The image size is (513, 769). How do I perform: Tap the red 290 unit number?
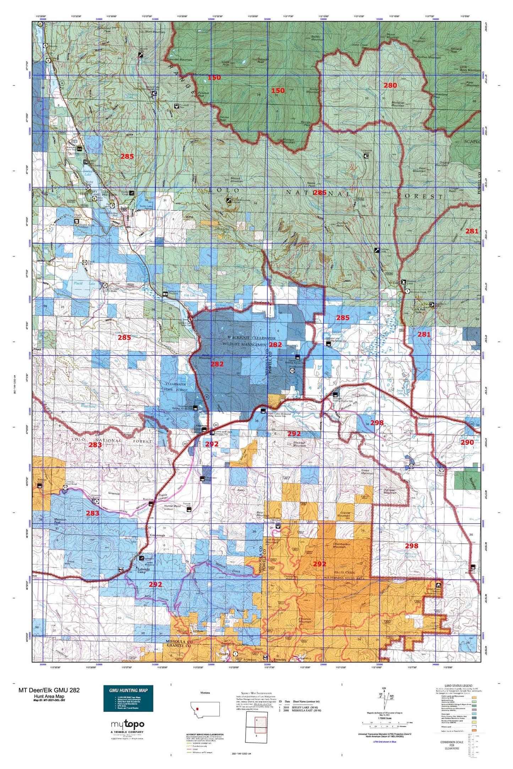point(467,442)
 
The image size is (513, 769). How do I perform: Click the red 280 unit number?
point(390,85)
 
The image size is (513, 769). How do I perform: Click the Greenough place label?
point(157,535)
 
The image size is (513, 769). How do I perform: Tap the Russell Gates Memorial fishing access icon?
point(263,411)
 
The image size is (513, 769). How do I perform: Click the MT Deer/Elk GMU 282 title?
point(49,690)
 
